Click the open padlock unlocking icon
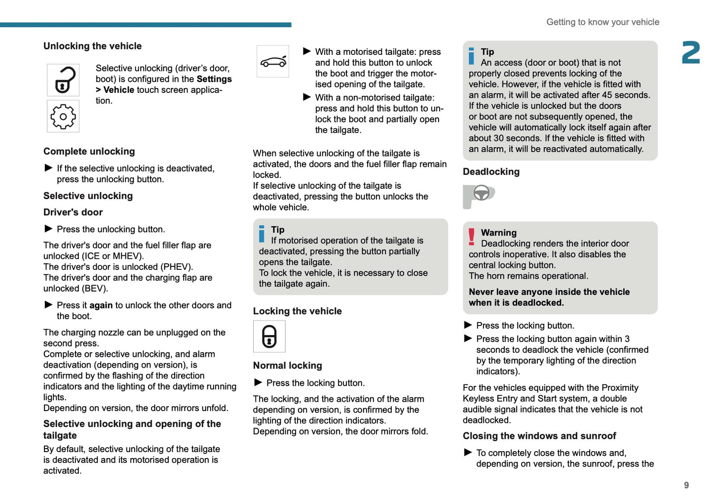click(63, 80)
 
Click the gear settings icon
click(63, 117)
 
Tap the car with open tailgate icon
click(273, 62)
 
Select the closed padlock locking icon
click(269, 336)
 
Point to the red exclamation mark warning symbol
click(471, 237)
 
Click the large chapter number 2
click(691, 53)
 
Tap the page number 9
click(686, 485)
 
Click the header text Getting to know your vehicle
click(602, 22)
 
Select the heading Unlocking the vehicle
click(92, 46)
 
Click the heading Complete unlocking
click(89, 152)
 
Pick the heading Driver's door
click(73, 212)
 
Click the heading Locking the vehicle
click(297, 311)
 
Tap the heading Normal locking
click(287, 366)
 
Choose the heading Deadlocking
click(491, 172)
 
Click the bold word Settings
click(214, 79)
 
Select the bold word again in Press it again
click(101, 305)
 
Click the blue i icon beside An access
click(471, 56)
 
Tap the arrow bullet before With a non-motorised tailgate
click(307, 97)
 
